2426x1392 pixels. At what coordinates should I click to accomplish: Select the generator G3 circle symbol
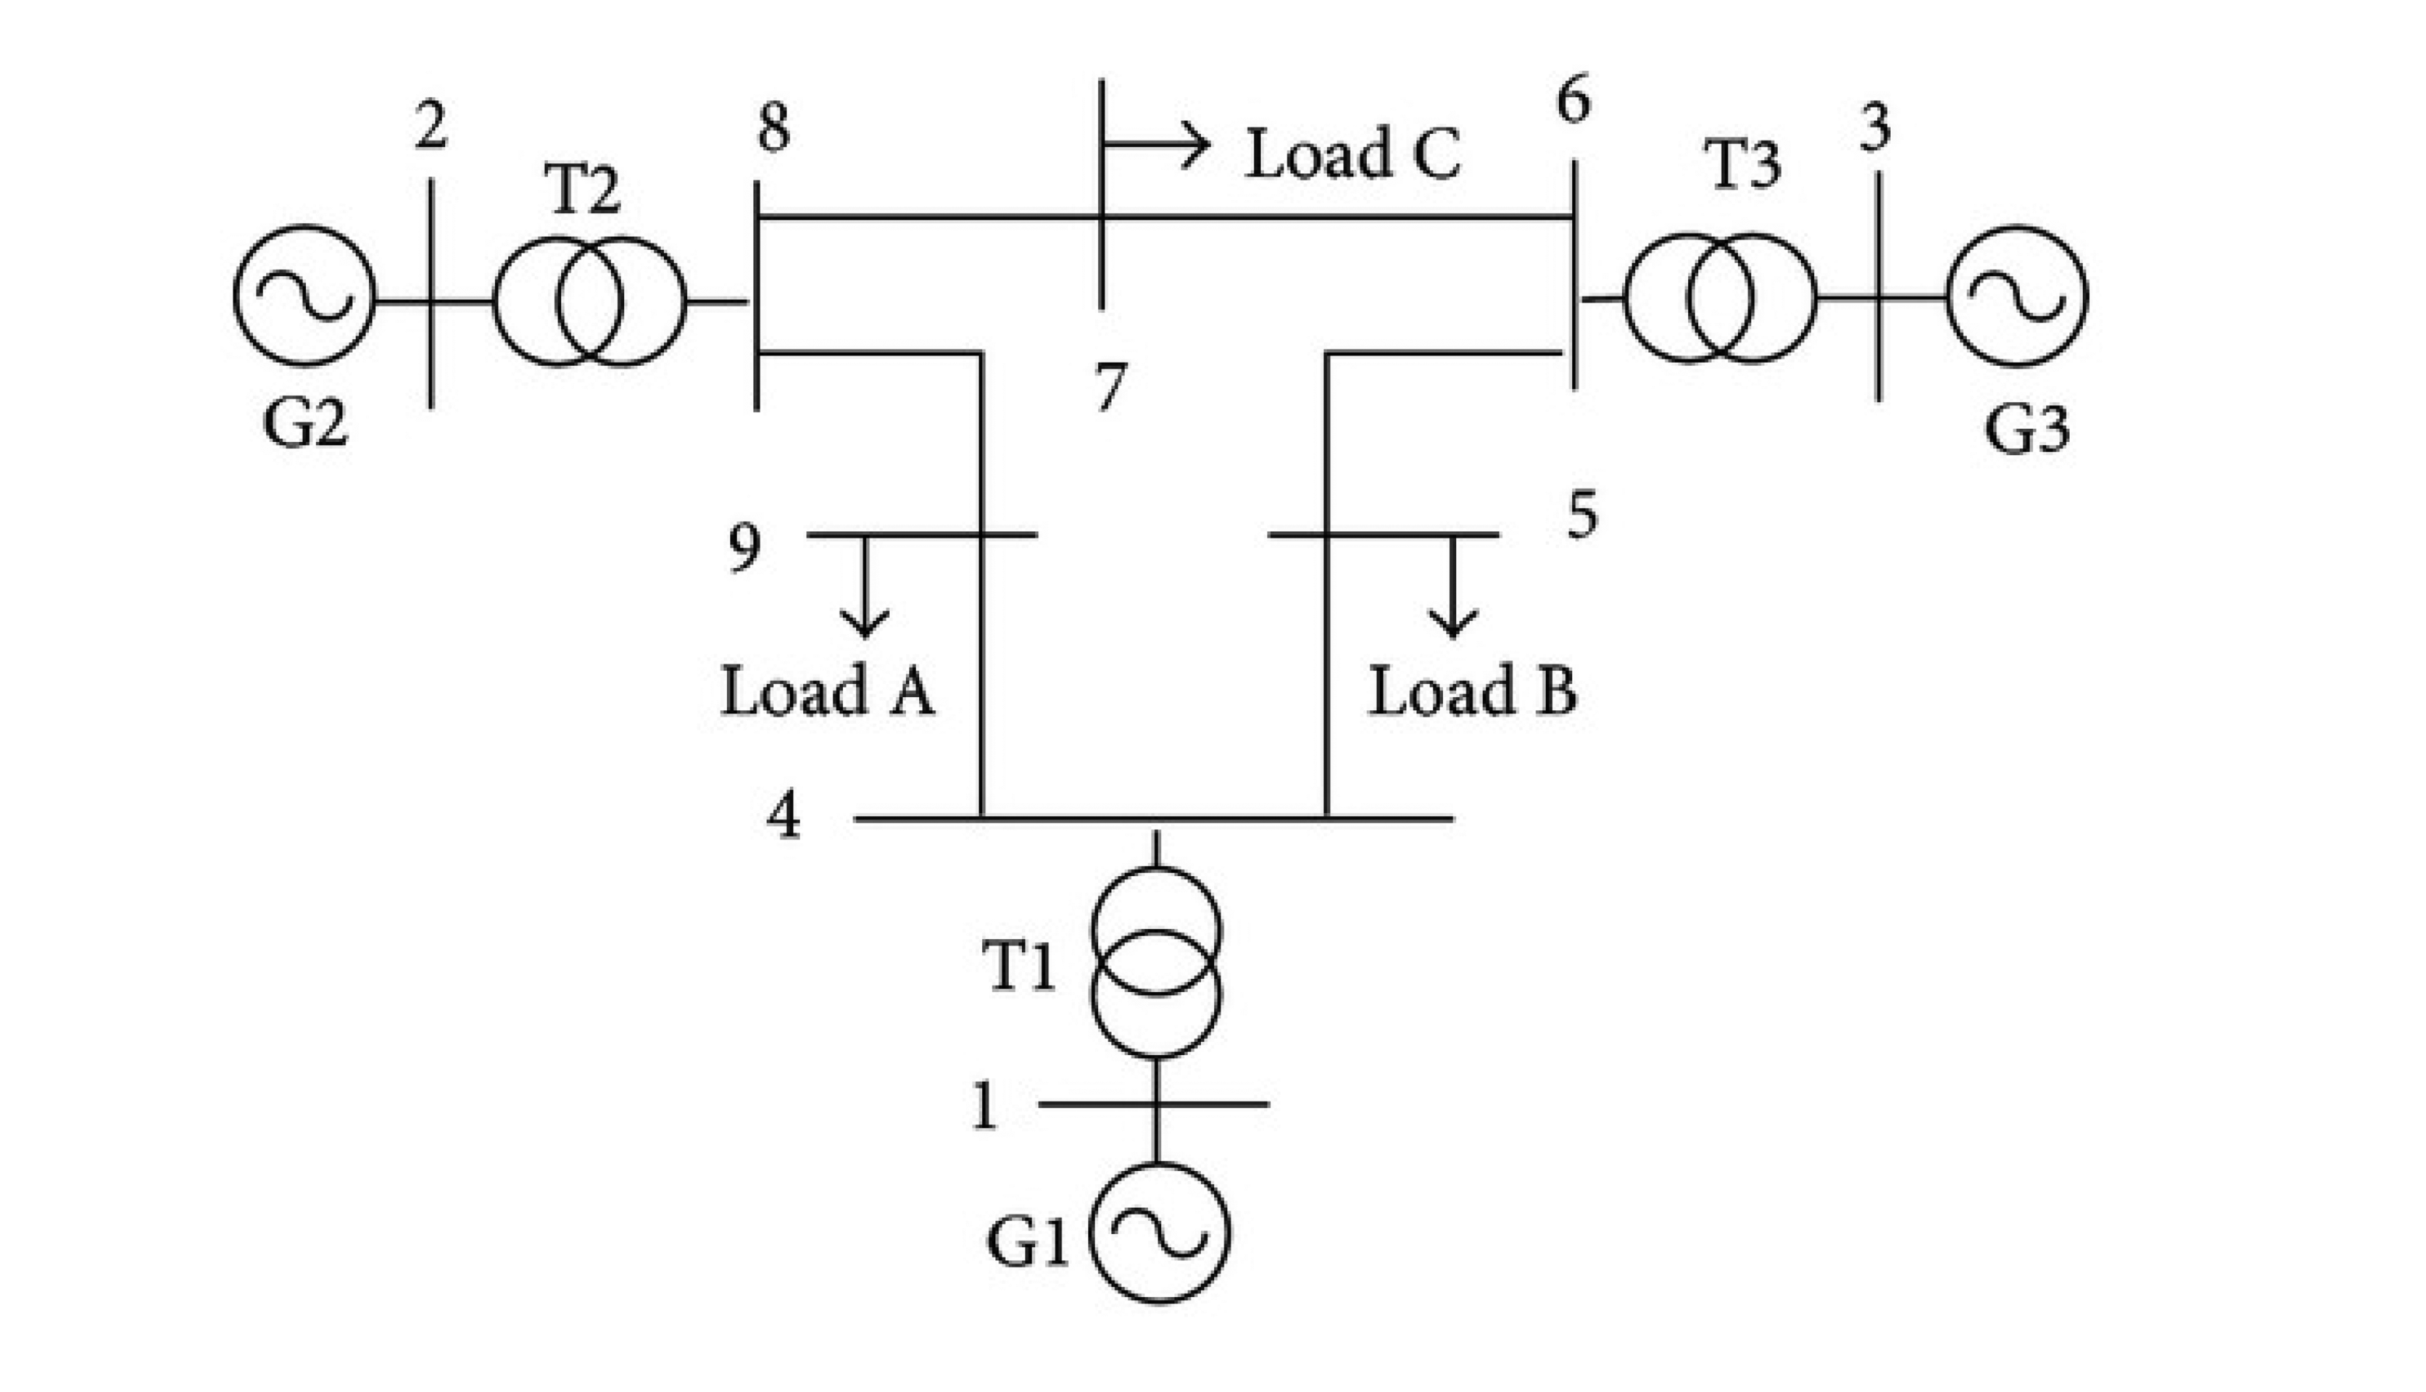2017,297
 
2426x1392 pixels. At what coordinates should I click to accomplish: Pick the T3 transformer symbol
1720,298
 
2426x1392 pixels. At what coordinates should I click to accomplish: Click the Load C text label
1352,155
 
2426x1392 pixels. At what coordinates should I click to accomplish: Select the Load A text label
827,691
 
